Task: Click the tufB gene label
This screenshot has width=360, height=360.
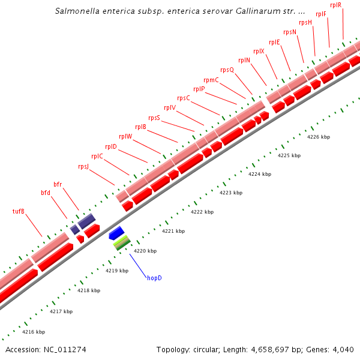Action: [x=19, y=211]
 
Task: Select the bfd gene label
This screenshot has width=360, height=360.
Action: [x=46, y=193]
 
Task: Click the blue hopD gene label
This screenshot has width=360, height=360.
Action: [x=154, y=278]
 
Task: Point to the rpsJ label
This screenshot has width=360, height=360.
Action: [x=83, y=166]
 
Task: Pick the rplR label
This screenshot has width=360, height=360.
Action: [x=335, y=5]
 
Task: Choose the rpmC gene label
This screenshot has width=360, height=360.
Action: [x=211, y=80]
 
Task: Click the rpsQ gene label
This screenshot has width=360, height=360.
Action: [x=227, y=70]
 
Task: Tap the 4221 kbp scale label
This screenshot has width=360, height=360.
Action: [x=173, y=231]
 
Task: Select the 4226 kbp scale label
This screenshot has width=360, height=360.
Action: [x=319, y=137]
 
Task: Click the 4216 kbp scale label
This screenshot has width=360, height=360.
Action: [x=34, y=332]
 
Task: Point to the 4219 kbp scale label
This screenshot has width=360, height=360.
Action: [x=117, y=271]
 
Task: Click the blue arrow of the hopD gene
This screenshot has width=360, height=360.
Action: [x=116, y=233]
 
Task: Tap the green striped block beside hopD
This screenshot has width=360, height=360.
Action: [x=122, y=242]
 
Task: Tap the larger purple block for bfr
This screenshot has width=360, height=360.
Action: [x=86, y=220]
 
